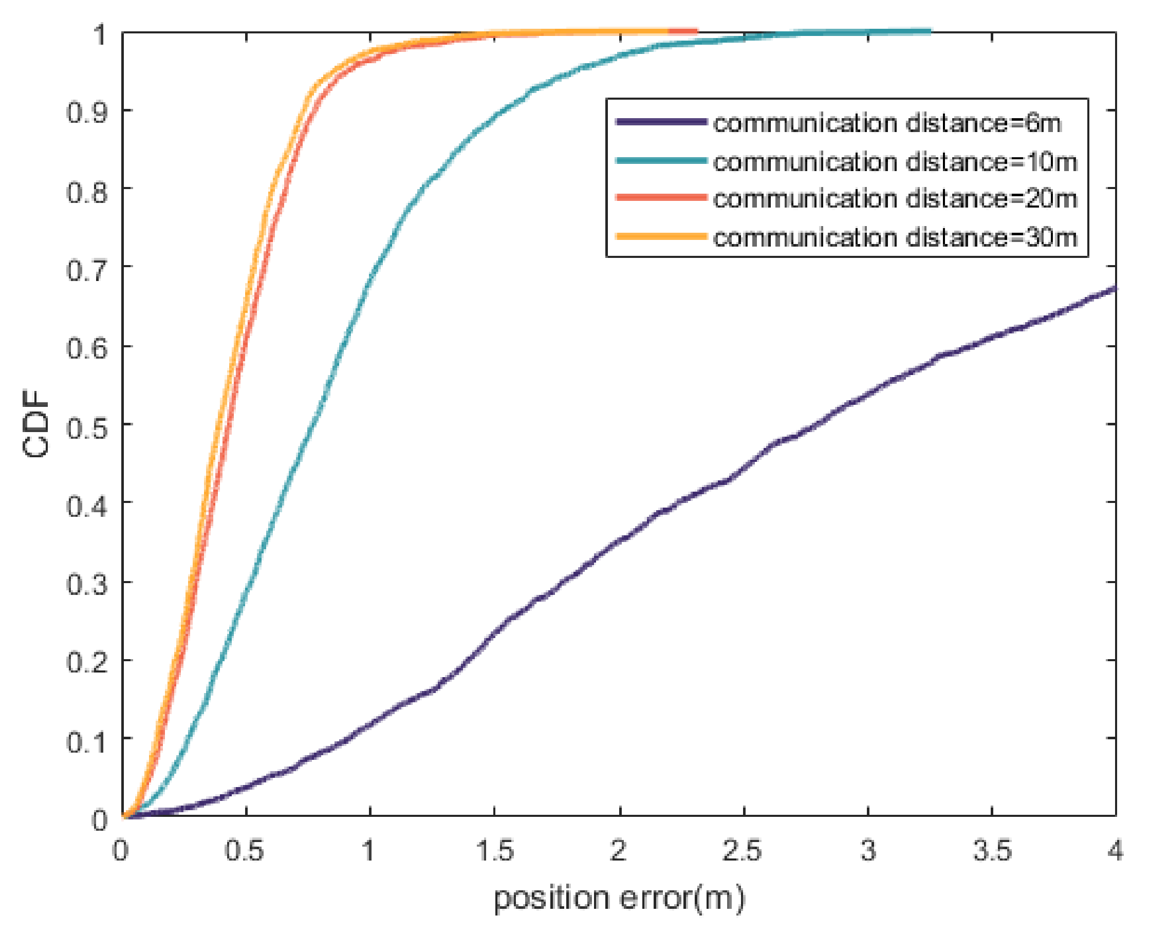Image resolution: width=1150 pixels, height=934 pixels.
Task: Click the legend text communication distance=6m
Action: coord(886,123)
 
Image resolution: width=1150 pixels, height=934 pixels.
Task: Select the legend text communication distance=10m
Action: coord(895,161)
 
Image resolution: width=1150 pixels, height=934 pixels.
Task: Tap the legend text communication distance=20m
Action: coord(895,198)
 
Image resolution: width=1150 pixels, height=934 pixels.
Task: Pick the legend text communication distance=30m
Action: coord(895,237)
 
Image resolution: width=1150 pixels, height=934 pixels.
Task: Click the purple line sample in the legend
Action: coord(660,122)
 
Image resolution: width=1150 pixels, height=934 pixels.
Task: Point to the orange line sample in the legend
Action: coord(660,236)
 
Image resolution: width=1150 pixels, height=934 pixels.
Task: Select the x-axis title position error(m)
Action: coord(619,898)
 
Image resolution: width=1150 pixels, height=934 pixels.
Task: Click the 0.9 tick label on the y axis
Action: coord(87,113)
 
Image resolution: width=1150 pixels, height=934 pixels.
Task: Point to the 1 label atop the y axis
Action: coord(100,35)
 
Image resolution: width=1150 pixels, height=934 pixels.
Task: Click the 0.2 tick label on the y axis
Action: coord(87,662)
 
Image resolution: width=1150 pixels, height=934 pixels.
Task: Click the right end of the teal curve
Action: coord(929,32)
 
